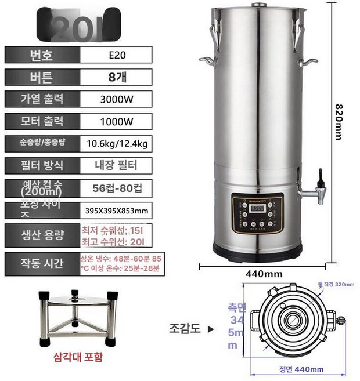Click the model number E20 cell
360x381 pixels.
116,56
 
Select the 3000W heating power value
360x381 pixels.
116,99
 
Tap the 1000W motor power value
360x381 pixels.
116,122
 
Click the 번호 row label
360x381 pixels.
41,56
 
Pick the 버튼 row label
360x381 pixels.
41,77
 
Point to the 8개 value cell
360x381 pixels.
116,77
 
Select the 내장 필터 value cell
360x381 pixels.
116,165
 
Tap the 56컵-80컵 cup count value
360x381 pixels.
116,188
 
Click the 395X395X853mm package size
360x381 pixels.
116,211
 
